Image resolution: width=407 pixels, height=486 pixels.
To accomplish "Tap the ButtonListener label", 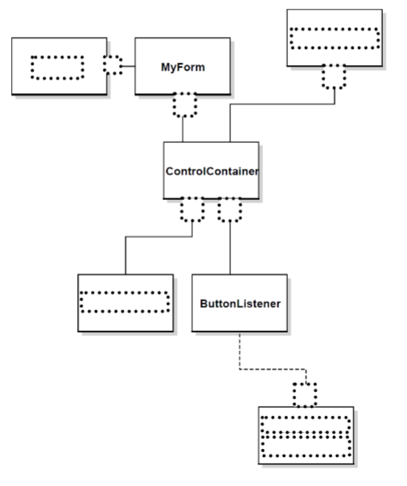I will (x=238, y=304).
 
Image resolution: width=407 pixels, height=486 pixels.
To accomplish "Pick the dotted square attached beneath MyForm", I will (x=184, y=104).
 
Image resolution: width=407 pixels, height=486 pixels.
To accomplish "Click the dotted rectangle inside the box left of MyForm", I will (x=56, y=67).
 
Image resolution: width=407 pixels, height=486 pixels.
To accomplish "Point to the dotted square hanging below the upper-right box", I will (x=334, y=76).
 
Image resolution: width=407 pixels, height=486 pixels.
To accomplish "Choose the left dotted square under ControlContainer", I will (x=192, y=210).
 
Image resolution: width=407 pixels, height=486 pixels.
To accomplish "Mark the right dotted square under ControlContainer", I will (x=230, y=210).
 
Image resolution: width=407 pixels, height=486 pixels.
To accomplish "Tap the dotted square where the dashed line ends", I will (x=304, y=394).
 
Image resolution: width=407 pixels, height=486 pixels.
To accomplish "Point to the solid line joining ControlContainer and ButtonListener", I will (x=230, y=249).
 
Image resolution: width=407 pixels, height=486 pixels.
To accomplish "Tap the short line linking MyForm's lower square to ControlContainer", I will (x=184, y=129).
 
